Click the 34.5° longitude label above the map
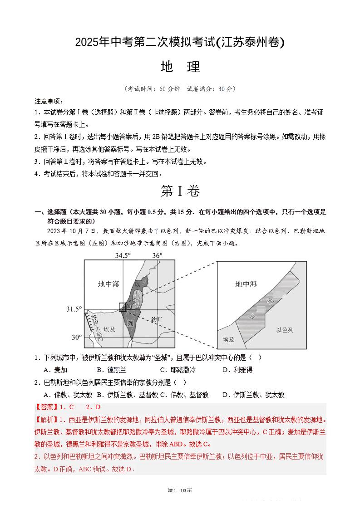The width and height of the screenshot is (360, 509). [123, 255]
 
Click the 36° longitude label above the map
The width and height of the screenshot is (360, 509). [157, 255]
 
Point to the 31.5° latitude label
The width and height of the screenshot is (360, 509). [74, 309]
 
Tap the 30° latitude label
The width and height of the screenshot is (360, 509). [76, 337]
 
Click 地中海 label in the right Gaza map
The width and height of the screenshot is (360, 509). [246, 284]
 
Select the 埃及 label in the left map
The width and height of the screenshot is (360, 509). [109, 329]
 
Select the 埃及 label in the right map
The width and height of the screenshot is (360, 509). [228, 339]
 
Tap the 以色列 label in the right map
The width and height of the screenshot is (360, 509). [285, 330]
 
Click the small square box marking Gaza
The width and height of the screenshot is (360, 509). [123, 307]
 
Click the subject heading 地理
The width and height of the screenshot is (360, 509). [180, 67]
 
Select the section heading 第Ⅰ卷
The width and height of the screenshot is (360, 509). [180, 191]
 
